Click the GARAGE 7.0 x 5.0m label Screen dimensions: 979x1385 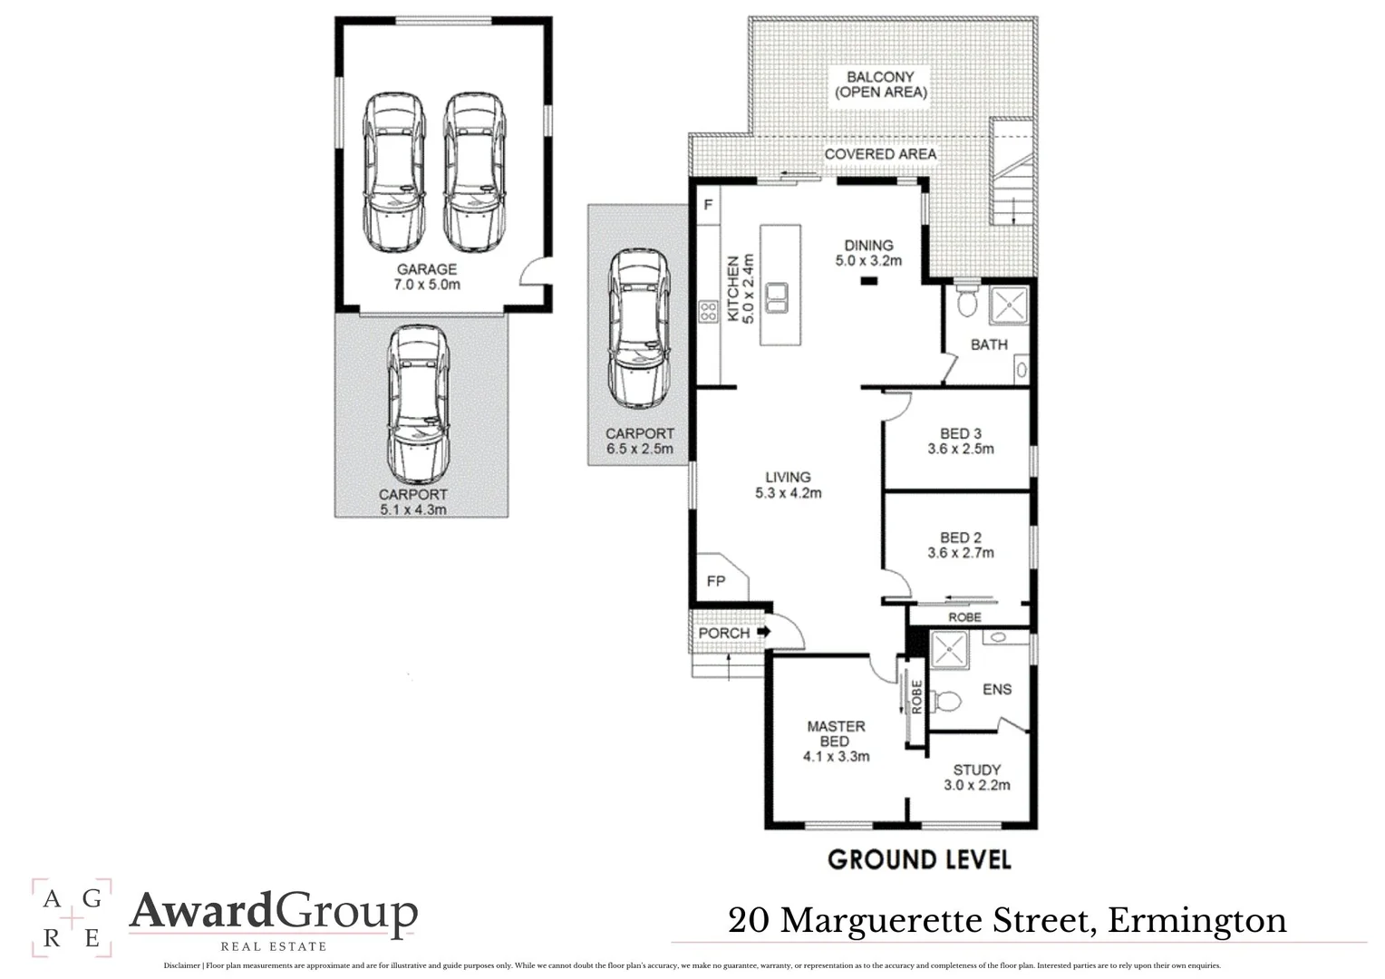[426, 276]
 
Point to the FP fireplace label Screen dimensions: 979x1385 [716, 580]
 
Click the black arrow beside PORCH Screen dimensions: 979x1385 [763, 632]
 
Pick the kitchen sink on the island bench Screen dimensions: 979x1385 [776, 296]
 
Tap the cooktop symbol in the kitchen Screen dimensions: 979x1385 [707, 312]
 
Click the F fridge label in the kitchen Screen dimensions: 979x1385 [708, 206]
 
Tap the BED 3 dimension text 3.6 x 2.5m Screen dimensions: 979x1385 [960, 449]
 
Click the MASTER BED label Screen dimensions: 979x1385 [836, 733]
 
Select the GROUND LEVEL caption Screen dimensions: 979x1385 [919, 859]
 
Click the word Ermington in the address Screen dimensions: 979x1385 [1196, 920]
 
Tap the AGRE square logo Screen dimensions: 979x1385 [72, 917]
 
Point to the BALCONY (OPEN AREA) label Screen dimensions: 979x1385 [880, 84]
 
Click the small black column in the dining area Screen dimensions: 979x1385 [869, 282]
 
